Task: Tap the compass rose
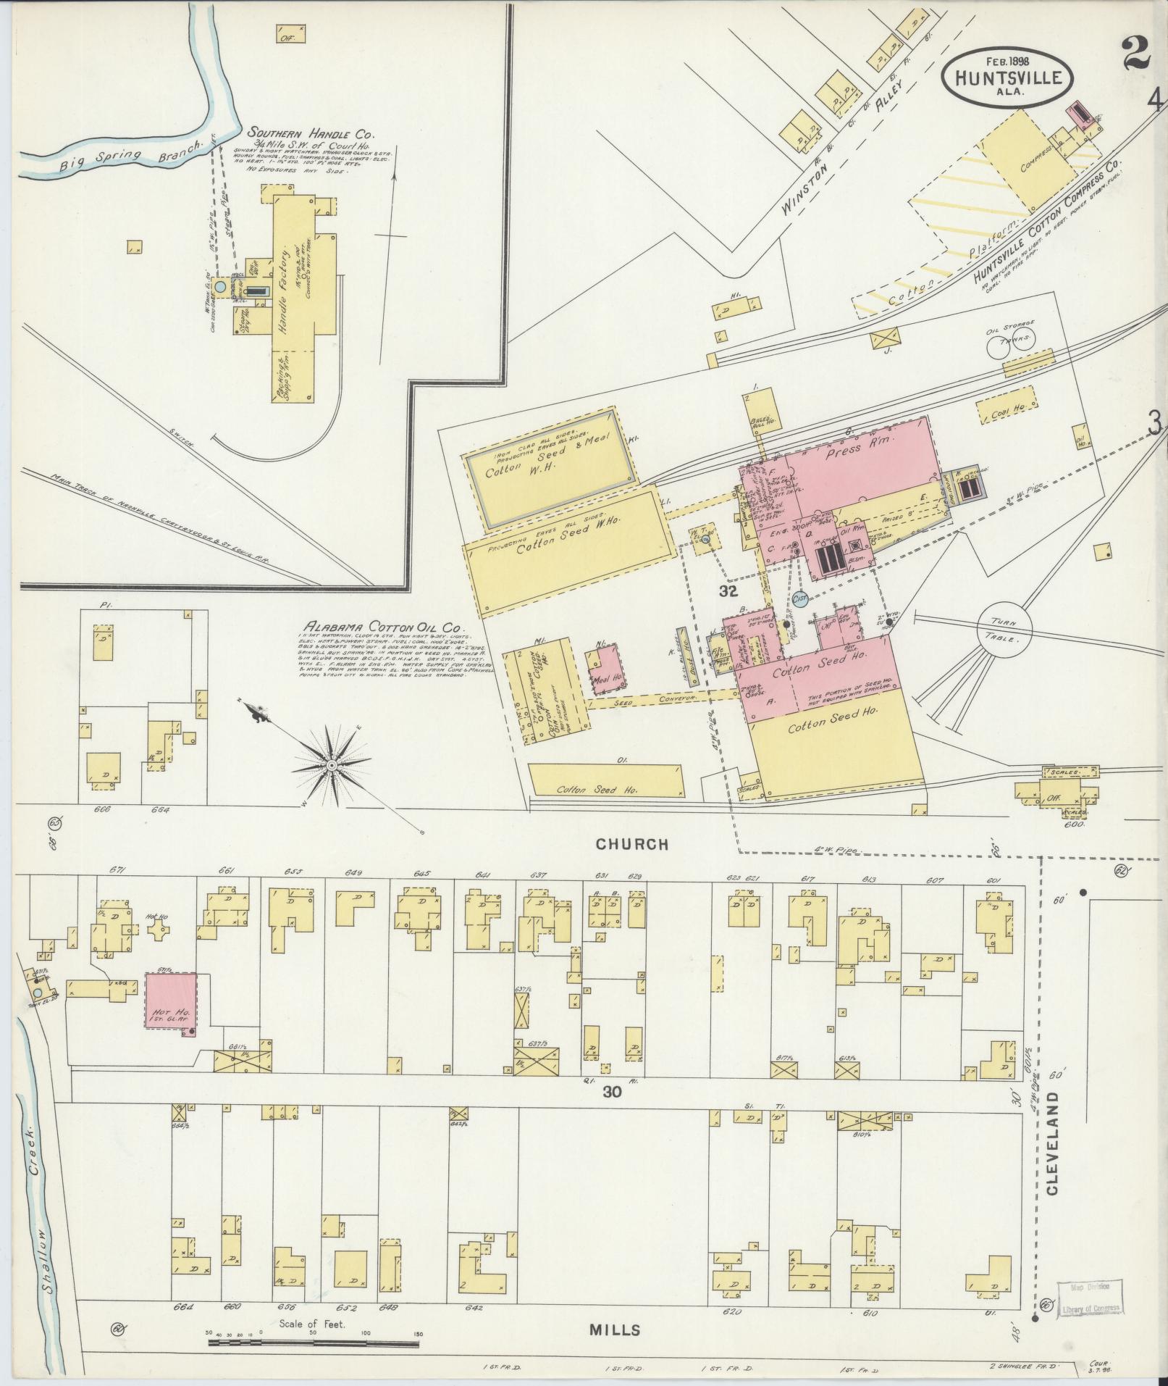tap(331, 764)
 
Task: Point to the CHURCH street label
tap(631, 843)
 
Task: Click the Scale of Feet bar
tap(313, 1342)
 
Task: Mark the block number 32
tap(728, 590)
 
